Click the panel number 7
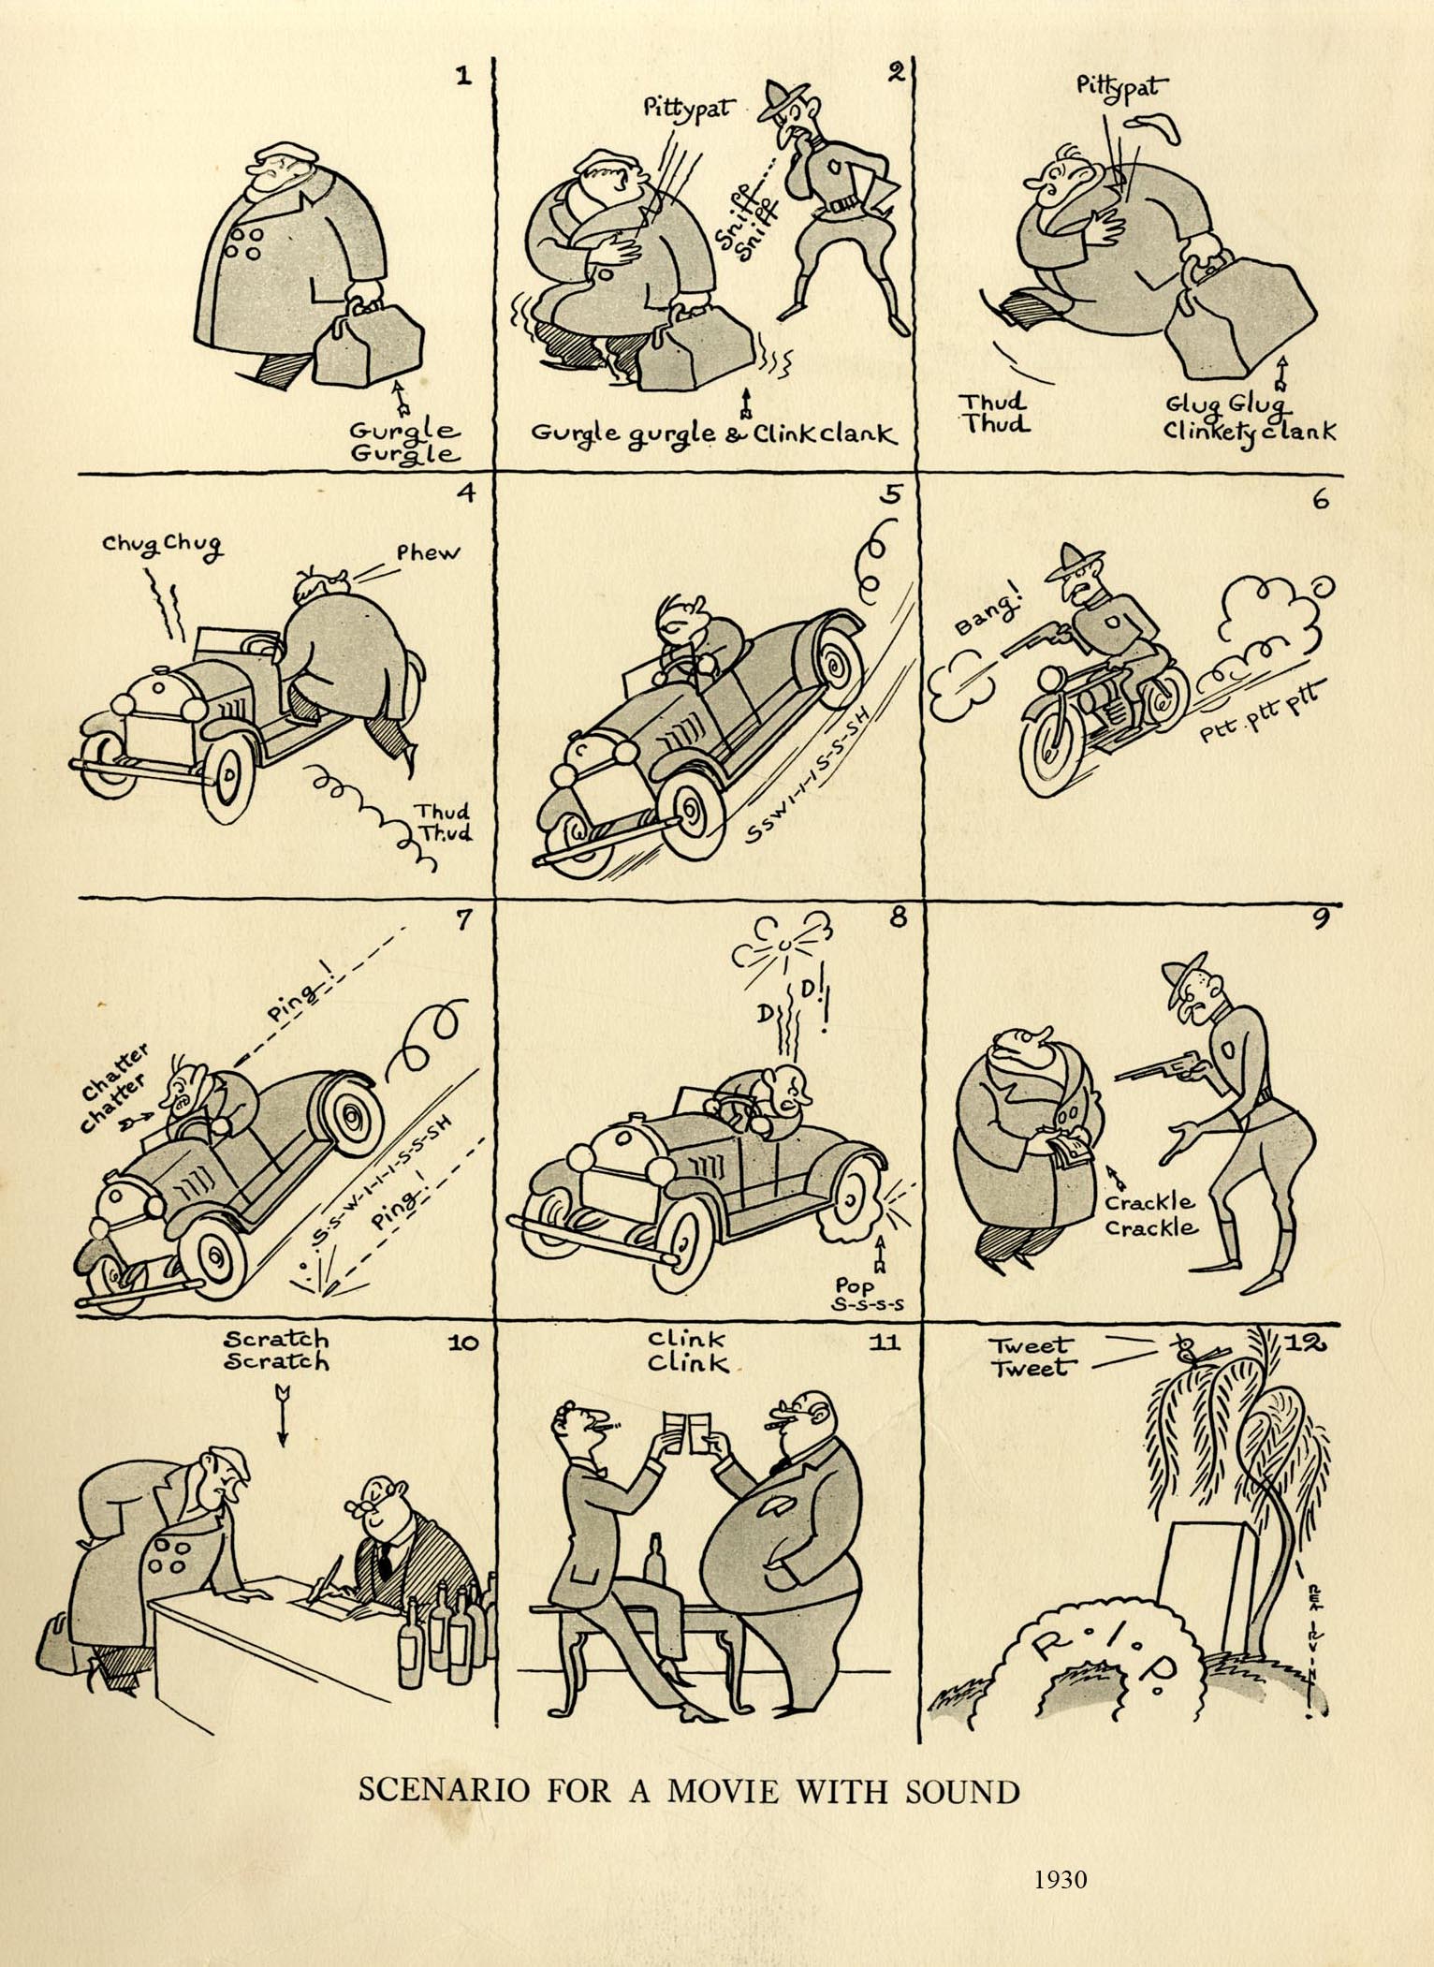coord(461,920)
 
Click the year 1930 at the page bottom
coord(1061,1879)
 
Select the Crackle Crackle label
coord(1150,1213)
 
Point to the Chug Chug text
coord(163,545)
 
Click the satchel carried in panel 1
coord(367,342)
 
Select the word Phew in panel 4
coord(429,552)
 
